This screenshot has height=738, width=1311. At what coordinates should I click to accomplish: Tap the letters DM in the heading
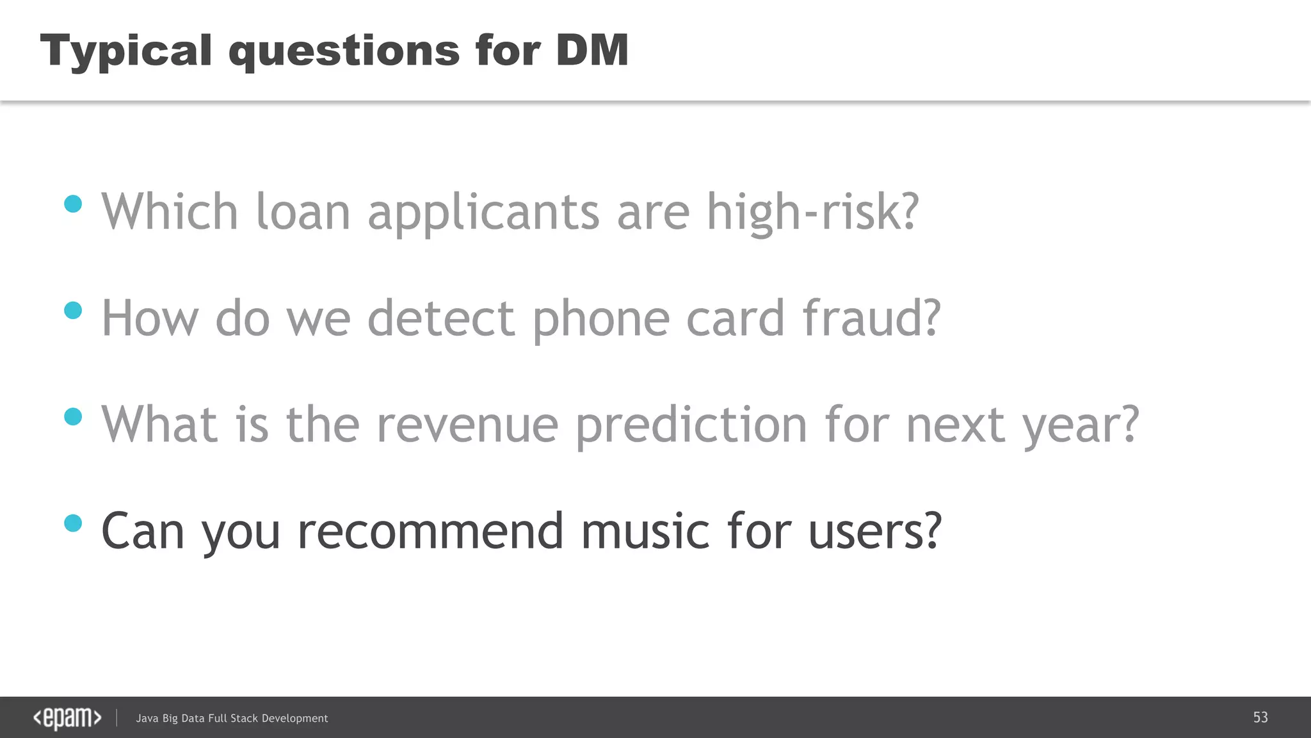[x=592, y=50]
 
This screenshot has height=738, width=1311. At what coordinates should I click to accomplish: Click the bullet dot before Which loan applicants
[x=74, y=204]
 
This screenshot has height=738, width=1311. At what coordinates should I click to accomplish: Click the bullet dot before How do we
[x=74, y=311]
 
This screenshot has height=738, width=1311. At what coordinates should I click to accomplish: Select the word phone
[x=601, y=319]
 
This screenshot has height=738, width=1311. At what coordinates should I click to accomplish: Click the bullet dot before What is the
[x=74, y=417]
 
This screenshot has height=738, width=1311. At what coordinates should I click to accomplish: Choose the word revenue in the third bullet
[x=467, y=425]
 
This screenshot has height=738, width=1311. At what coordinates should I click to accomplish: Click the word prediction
[x=691, y=425]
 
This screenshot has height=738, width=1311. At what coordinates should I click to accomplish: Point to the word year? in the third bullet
[x=1081, y=425]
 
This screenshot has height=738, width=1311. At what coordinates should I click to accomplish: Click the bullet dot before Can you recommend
[x=74, y=523]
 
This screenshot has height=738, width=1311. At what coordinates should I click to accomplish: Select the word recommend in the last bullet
[x=430, y=532]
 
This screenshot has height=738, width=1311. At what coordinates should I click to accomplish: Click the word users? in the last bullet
[x=874, y=532]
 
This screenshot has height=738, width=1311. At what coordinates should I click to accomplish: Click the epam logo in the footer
[x=67, y=718]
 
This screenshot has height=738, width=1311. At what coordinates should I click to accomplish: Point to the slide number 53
[x=1260, y=717]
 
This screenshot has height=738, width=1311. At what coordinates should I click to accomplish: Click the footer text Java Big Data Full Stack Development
[x=232, y=719]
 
